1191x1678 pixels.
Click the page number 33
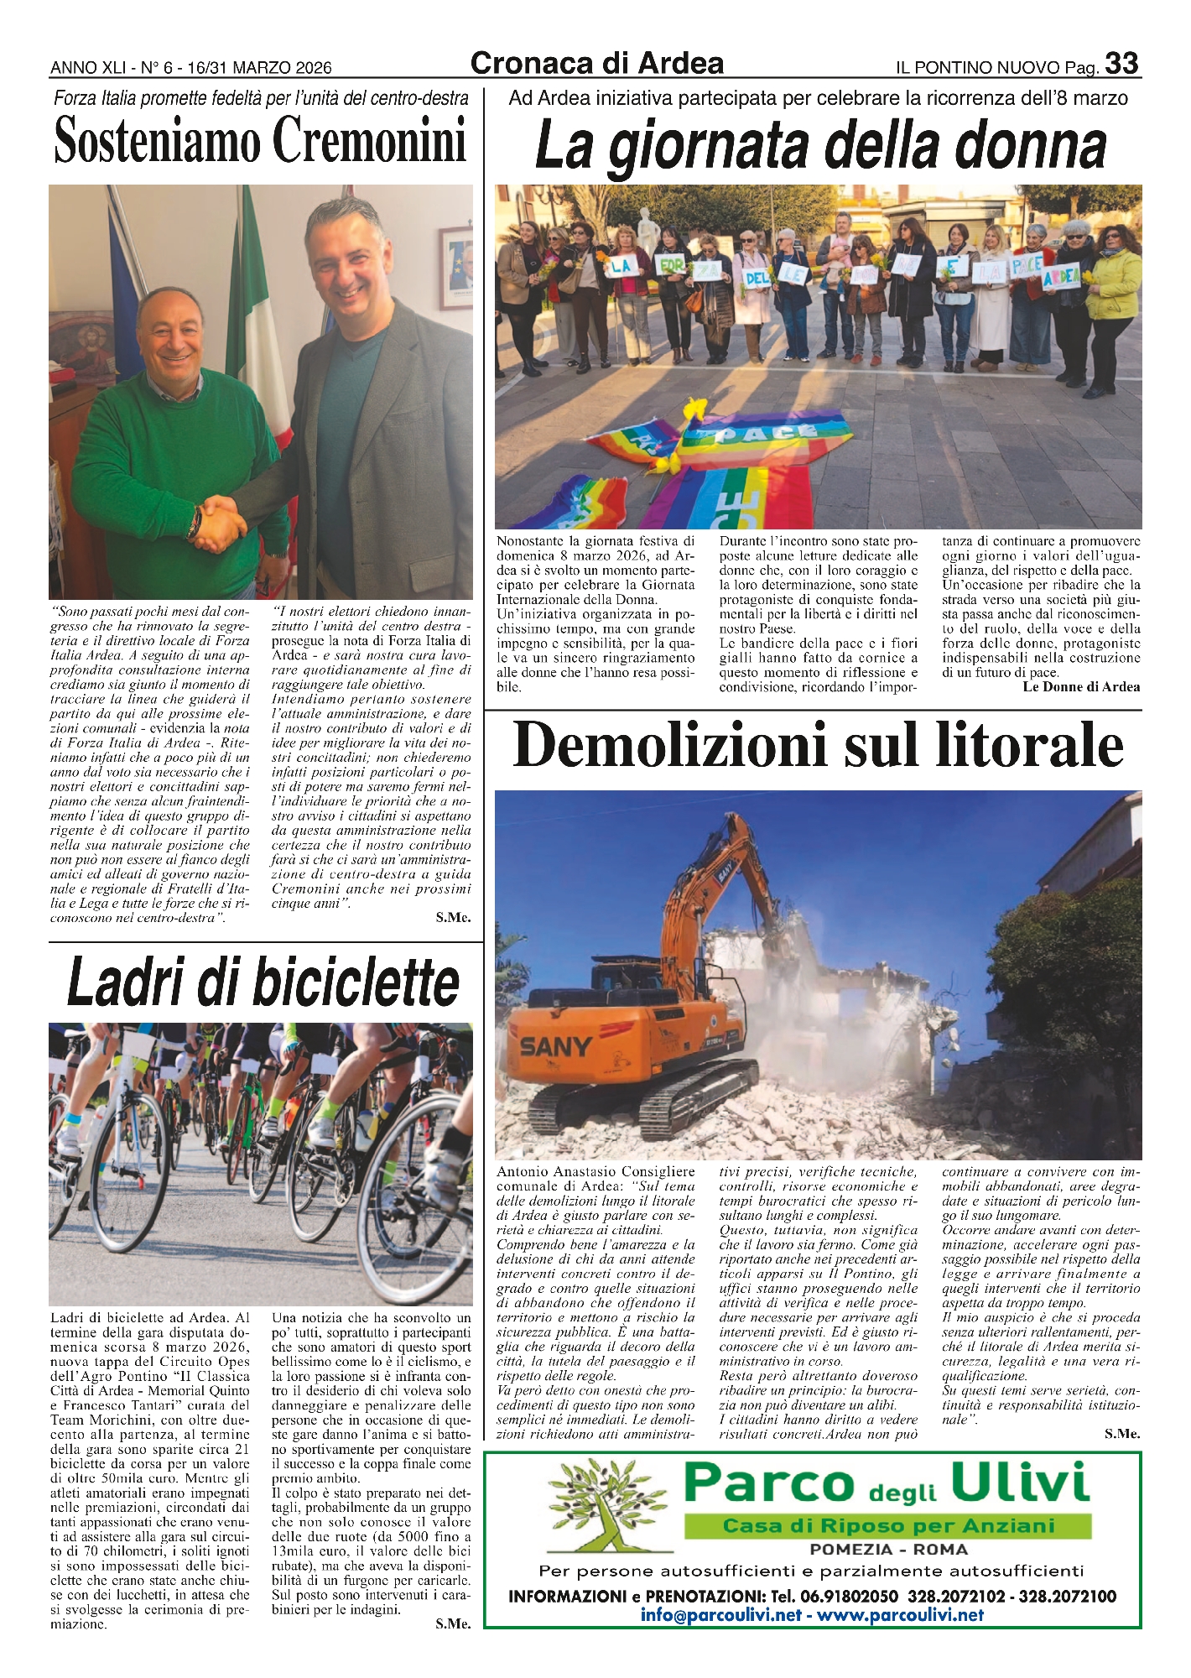[1121, 64]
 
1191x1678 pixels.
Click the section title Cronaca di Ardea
[597, 64]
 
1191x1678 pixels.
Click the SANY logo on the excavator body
[555, 1046]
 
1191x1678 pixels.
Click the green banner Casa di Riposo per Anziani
[887, 1526]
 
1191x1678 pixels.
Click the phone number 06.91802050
[840, 1596]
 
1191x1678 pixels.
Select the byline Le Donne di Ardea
[1081, 687]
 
